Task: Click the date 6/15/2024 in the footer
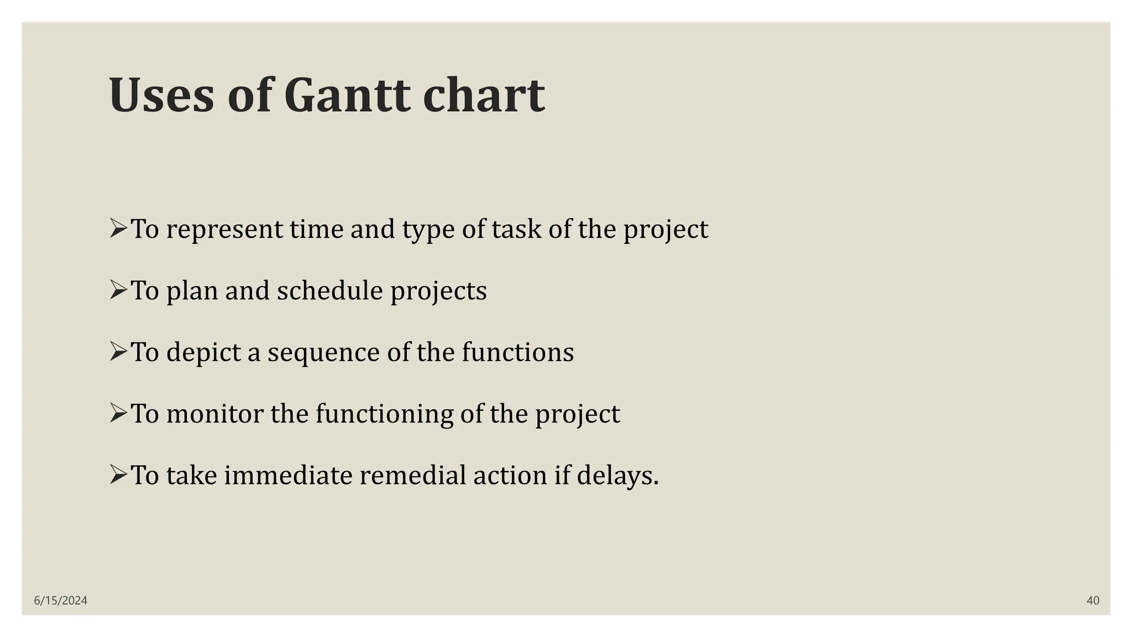pos(61,601)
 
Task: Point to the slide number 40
pos(1092,601)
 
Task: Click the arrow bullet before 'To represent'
pos(118,228)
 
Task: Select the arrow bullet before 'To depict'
pos(118,351)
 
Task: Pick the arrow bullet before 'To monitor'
pos(118,413)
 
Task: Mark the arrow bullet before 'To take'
pos(118,474)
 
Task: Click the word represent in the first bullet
pos(224,230)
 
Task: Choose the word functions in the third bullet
pos(517,352)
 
